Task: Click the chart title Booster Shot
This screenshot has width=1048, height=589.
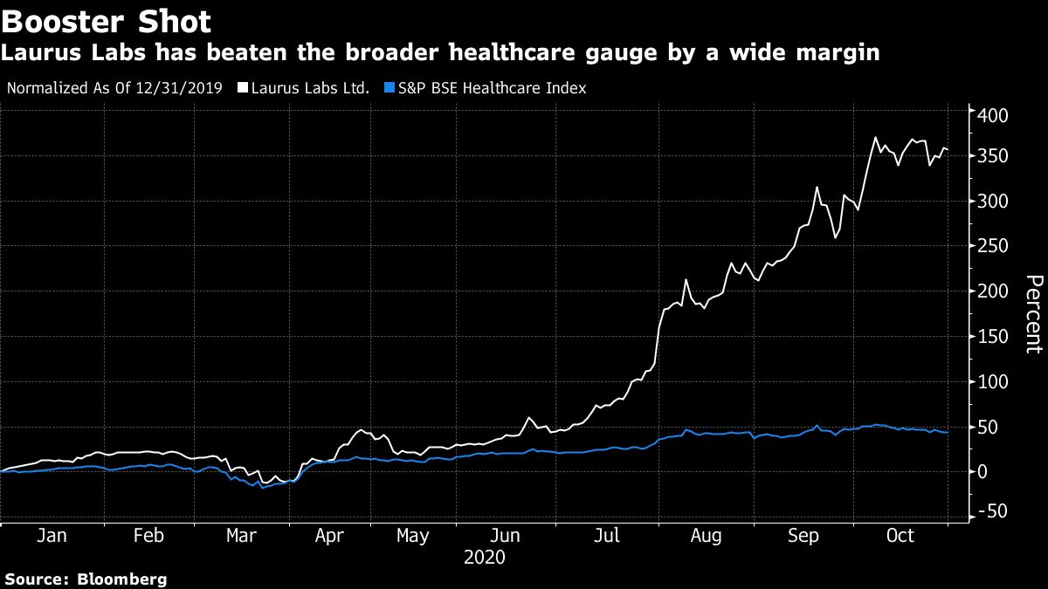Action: pyautogui.click(x=106, y=20)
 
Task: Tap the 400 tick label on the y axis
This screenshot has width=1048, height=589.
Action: pyautogui.click(x=993, y=115)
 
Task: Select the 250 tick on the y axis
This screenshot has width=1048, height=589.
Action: pyautogui.click(x=993, y=247)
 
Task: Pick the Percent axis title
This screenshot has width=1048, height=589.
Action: pyautogui.click(x=1033, y=314)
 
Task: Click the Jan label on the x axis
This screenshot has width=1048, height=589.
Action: pyautogui.click(x=52, y=535)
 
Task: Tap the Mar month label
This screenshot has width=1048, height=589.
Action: pyautogui.click(x=241, y=535)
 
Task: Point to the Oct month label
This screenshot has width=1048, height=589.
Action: pyautogui.click(x=900, y=535)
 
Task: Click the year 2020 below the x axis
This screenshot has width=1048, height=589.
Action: pyautogui.click(x=485, y=556)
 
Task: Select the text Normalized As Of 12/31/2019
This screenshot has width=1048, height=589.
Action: pyautogui.click(x=114, y=88)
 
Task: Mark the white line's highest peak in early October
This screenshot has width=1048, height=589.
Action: pyautogui.click(x=874, y=138)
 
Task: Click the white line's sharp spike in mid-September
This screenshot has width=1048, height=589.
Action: pyautogui.click(x=817, y=188)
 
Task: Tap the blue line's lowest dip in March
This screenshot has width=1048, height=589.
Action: pyautogui.click(x=262, y=488)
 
